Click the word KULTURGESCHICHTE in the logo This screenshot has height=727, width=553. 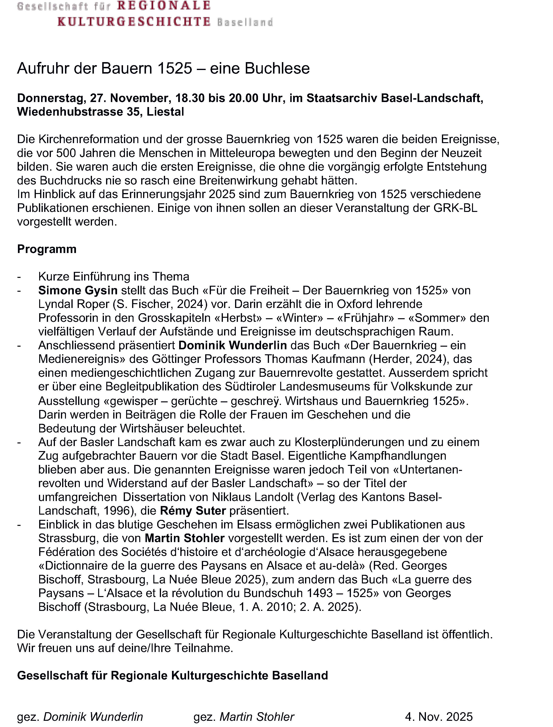[x=134, y=22]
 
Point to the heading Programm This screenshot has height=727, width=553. [x=47, y=249]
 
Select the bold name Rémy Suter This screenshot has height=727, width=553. [x=193, y=511]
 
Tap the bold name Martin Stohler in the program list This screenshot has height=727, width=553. [x=184, y=538]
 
